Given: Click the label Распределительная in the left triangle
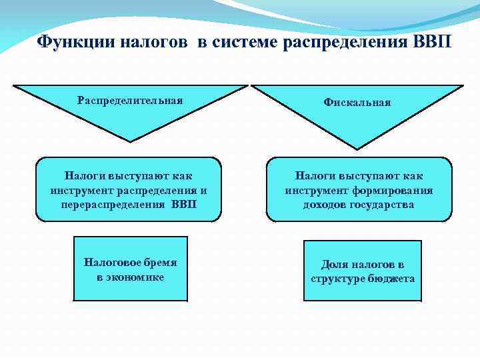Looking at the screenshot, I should tap(130, 100).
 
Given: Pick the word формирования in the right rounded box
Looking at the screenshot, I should tap(399, 190).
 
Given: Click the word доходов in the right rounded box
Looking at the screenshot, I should tap(325, 204).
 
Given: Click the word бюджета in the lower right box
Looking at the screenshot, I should tap(391, 279).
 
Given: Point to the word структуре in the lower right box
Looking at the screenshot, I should tap(337, 279).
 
